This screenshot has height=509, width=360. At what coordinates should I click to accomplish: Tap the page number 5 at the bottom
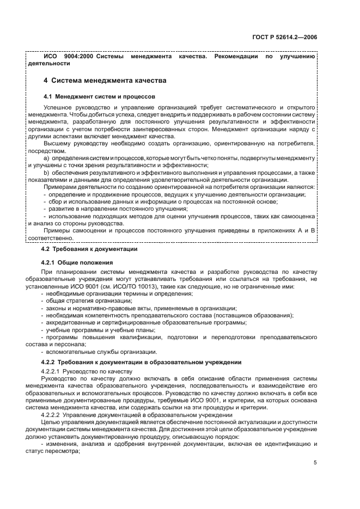click(x=315, y=463)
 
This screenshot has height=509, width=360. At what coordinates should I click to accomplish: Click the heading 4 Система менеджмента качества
click(x=105, y=81)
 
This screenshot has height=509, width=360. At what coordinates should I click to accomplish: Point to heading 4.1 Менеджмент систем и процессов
click(x=99, y=96)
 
